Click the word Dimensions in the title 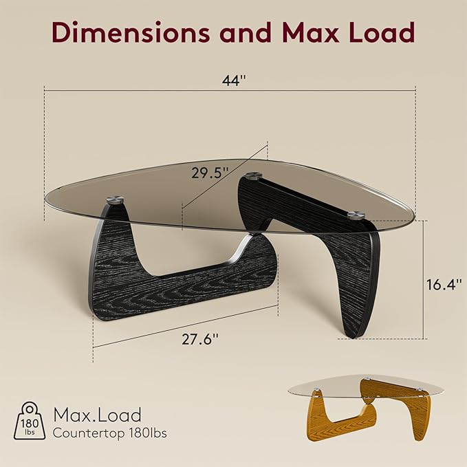[131, 32]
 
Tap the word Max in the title [311, 32]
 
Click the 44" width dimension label [234, 80]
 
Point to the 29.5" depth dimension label [210, 173]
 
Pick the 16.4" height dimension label [444, 284]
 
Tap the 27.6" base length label [200, 339]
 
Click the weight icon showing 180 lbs [30, 420]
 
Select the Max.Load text [97, 415]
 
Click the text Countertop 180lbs [109, 433]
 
